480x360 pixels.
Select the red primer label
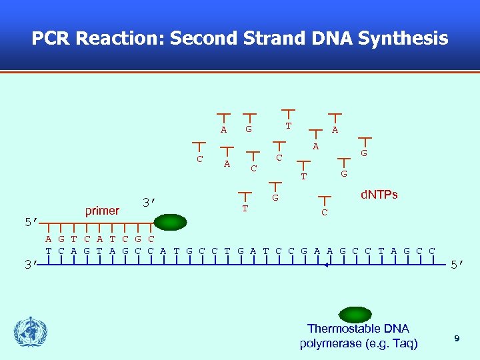click(102, 211)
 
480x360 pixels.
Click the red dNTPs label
click(379, 195)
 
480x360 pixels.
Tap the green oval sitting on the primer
click(171, 222)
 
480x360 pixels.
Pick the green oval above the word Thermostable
click(355, 315)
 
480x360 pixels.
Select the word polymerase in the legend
click(331, 344)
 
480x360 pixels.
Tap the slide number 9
click(457, 339)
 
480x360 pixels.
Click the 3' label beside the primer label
click(149, 202)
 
